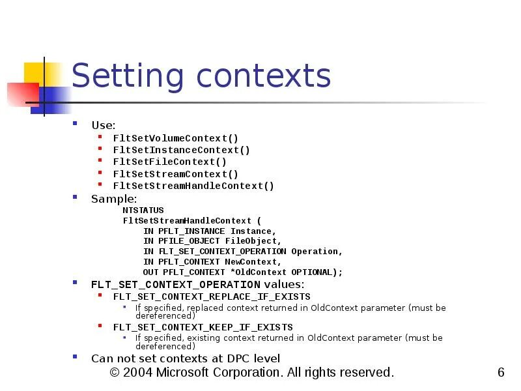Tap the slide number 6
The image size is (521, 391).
(501, 373)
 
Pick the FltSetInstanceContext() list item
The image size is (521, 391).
(181, 150)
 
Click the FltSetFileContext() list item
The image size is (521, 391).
(170, 162)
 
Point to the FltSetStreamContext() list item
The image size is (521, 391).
(176, 174)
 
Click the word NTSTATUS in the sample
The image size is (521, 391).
(143, 210)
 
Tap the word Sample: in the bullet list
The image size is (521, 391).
(114, 199)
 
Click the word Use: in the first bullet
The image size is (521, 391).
(104, 124)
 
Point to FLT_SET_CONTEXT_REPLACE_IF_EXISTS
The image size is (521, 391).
(212, 297)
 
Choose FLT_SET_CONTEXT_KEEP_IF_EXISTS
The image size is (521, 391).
(203, 327)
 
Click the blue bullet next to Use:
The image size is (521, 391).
(76, 123)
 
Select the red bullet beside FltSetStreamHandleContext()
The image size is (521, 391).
(99, 185)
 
